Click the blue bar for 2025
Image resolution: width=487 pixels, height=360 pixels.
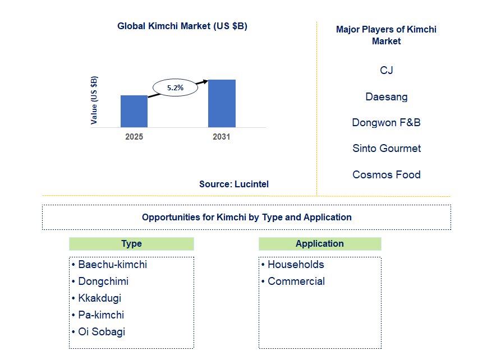coord(134,111)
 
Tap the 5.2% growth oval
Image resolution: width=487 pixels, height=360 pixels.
coord(175,87)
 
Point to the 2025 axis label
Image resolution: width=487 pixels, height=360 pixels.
coord(134,137)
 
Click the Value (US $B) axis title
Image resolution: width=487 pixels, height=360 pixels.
coord(94,100)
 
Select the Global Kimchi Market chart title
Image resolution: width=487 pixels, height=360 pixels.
coord(182,26)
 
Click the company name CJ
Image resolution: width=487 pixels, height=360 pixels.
coord(386,70)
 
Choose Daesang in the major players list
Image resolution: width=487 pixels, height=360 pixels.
coord(386,96)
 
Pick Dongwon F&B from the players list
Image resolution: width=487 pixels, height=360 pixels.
coord(386,122)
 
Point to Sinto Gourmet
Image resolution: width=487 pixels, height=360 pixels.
coord(386,149)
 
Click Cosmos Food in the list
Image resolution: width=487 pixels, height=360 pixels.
coord(386,174)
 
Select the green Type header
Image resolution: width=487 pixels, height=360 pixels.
coord(131,243)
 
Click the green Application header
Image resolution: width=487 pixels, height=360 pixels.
coord(320,243)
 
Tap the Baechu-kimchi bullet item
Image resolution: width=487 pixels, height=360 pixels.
coord(112,265)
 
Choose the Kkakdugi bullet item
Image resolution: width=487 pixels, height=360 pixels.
coord(99,298)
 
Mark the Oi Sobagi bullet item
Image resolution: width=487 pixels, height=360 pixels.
coord(102,332)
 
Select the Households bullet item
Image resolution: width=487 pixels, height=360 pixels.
coord(296,265)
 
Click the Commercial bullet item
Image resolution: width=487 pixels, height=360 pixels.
coord(296,281)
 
